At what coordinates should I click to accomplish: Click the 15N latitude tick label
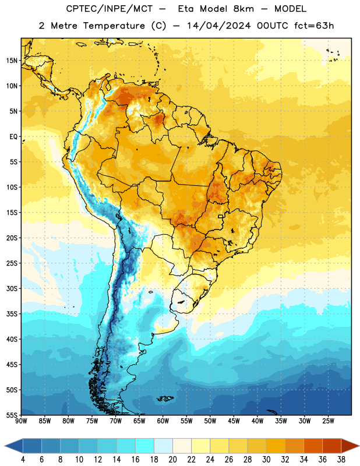[x=12, y=61]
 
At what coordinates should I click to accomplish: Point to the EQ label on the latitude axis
[x=13, y=137]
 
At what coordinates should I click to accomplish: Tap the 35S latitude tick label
[x=12, y=314]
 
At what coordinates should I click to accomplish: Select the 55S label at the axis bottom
[x=12, y=415]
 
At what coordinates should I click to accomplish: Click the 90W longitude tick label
[x=21, y=421]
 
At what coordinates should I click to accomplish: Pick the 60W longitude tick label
[x=163, y=421]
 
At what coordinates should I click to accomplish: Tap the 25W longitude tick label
[x=328, y=421]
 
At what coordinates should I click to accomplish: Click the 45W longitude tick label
[x=234, y=421]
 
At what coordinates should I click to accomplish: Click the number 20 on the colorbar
[x=172, y=460]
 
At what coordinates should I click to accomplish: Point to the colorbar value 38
[x=341, y=460]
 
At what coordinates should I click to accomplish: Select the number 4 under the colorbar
[x=23, y=460]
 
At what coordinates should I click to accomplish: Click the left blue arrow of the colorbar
[x=14, y=446]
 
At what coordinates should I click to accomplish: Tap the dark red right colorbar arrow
[x=350, y=446]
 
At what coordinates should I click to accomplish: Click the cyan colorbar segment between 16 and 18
[x=144, y=446]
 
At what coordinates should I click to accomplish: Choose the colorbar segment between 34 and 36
[x=313, y=446]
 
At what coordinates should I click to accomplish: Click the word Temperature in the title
[x=114, y=26]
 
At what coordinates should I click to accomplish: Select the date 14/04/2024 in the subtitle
[x=219, y=26]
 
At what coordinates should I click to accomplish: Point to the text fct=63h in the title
[x=314, y=26]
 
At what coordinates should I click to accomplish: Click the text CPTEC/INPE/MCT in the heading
[x=109, y=9]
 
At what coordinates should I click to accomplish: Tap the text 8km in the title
[x=243, y=9]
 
